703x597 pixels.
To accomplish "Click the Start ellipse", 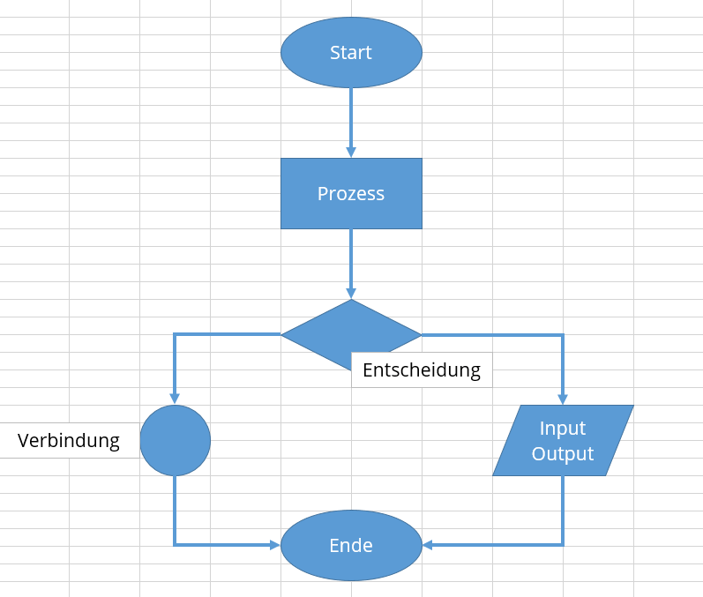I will point(351,53).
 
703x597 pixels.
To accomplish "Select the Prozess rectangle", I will point(351,193).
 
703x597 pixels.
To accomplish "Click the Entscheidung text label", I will point(422,369).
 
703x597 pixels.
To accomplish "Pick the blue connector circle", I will point(175,440).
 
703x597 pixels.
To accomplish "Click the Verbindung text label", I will point(69,440).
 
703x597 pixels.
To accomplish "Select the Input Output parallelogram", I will point(563,440).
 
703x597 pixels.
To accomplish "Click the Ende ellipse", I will point(351,546).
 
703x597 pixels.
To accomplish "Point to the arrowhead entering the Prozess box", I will point(351,153).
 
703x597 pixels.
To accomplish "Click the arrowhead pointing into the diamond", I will point(351,294).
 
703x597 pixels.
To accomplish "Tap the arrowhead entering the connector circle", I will point(175,399).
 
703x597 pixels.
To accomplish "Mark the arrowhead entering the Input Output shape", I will point(563,399).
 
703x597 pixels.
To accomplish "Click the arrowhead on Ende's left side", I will point(274,545).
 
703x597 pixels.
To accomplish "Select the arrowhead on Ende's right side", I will point(428,545).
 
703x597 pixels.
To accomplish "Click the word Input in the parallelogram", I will point(563,428).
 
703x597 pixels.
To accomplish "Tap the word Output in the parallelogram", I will point(563,454).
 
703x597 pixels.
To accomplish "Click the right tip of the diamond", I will point(420,334).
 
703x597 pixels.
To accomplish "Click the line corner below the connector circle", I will point(175,545).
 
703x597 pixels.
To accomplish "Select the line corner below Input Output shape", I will point(563,545).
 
